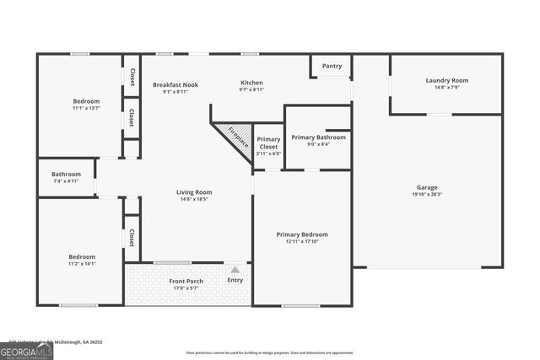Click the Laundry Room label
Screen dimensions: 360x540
click(x=446, y=81)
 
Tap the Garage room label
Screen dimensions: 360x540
click(x=427, y=187)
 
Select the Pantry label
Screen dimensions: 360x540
click(x=332, y=66)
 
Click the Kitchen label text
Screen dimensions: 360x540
click(x=251, y=83)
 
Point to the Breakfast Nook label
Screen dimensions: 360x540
click(x=175, y=84)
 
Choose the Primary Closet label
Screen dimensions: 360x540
click(x=268, y=142)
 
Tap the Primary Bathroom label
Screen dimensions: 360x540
click(x=318, y=137)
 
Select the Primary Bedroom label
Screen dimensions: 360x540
click(x=302, y=234)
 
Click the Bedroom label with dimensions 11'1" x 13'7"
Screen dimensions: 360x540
click(x=86, y=101)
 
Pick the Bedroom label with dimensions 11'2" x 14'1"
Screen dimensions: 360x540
click(x=82, y=256)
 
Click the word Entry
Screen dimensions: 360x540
click(x=235, y=280)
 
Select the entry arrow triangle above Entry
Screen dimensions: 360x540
click(x=235, y=268)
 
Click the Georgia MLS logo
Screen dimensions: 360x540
click(x=26, y=352)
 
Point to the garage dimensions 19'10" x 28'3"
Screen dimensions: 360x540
click(x=427, y=194)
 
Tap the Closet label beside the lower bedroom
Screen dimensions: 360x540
click(x=132, y=238)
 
